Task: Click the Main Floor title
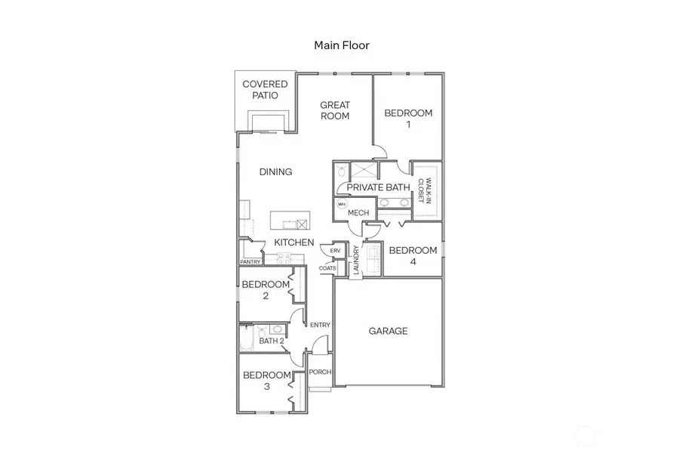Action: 341,45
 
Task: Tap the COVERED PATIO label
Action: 265,90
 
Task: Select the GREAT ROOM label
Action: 335,110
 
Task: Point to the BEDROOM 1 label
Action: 408,119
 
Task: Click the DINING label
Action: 275,172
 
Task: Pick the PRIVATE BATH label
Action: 379,187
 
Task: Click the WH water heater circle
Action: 341,205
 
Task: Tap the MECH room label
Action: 358,213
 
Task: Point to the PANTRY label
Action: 250,262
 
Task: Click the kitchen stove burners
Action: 284,257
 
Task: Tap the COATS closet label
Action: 327,267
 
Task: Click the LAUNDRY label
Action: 355,262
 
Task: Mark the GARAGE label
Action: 388,331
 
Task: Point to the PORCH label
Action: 320,372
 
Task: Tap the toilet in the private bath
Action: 341,171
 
